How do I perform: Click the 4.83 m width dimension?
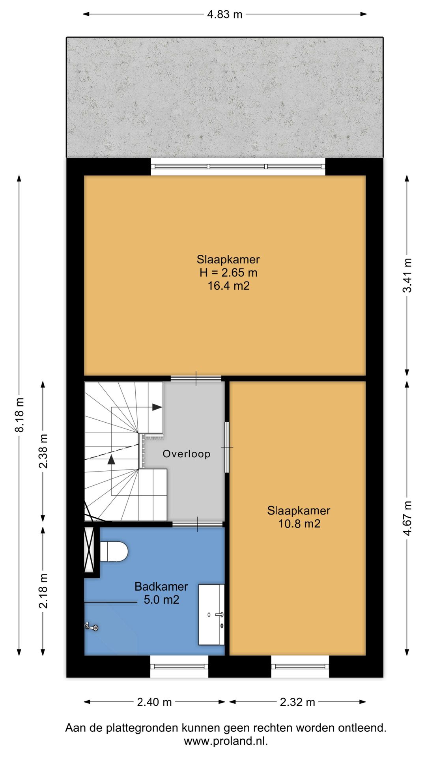(225, 15)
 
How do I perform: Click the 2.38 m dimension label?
(43, 451)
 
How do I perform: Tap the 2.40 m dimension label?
(154, 702)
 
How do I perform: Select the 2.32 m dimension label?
(297, 702)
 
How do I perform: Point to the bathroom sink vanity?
(211, 615)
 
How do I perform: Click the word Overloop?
(187, 454)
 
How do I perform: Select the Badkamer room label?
(161, 586)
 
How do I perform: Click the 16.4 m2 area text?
(229, 285)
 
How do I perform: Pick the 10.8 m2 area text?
(299, 524)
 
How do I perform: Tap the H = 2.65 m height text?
(228, 272)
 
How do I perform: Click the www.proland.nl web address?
(226, 741)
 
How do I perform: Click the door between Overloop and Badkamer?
(198, 524)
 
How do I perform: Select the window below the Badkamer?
(179, 666)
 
